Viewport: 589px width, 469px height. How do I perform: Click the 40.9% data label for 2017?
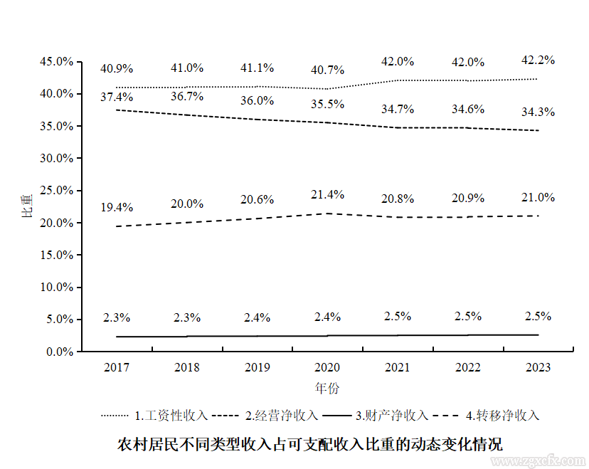coord(117,69)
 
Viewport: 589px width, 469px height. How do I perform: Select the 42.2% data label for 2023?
coord(538,60)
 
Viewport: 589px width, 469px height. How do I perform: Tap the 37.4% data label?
coord(117,97)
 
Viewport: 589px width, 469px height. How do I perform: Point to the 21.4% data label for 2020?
coord(327,194)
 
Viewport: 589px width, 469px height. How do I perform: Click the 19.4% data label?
coord(117,208)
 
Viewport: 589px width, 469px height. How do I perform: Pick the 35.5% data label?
coord(327,104)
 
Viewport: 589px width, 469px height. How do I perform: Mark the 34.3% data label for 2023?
coord(538,112)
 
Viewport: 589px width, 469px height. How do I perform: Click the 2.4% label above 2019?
coord(258,317)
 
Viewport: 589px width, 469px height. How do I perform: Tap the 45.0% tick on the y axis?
coord(56,62)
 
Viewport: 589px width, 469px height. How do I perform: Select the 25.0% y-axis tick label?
coord(56,191)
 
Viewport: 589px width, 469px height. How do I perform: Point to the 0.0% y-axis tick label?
coord(59,352)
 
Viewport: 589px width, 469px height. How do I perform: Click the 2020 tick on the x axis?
coord(327,368)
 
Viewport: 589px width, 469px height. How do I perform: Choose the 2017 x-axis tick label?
coord(117,368)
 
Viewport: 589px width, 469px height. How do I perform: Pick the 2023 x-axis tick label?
coord(538,368)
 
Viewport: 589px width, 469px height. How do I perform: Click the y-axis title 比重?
coord(27,206)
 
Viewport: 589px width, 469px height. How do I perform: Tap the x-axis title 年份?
coord(327,389)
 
